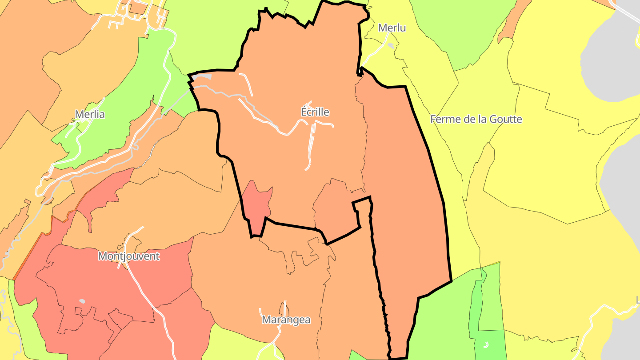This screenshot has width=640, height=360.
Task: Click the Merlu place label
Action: coord(392,28)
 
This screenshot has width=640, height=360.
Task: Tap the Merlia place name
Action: coord(90,114)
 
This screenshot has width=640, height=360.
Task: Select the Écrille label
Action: coord(315,112)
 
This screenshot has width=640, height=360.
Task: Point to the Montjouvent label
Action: coord(128,256)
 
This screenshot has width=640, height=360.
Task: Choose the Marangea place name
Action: coord(286,320)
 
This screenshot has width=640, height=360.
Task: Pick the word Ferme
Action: coord(445,119)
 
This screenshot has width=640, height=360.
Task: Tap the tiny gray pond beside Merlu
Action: coord(391,45)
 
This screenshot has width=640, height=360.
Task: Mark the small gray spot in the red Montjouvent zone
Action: coord(82,301)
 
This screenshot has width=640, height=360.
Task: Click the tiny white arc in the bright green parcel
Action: coord(486,344)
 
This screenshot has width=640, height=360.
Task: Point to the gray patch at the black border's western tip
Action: coord(202,77)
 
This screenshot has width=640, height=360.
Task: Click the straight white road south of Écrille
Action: coord(311,147)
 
